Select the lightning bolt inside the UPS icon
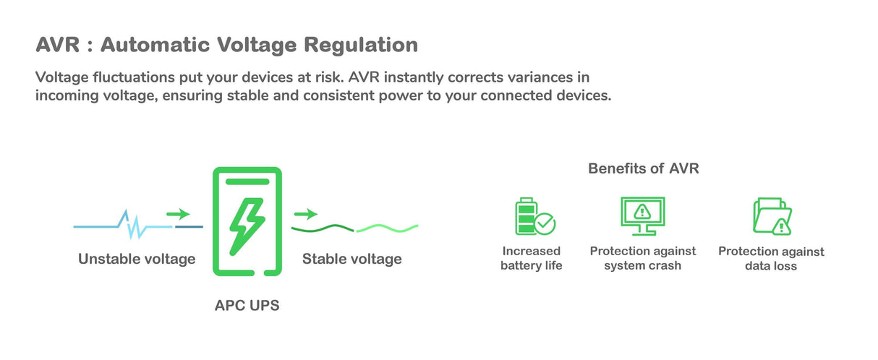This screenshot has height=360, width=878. (x=247, y=223)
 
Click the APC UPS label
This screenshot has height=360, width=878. (x=247, y=306)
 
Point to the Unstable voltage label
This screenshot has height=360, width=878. (x=137, y=259)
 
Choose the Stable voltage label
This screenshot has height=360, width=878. (x=351, y=259)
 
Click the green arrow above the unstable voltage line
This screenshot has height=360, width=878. (x=178, y=214)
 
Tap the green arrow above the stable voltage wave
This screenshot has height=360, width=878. (x=306, y=214)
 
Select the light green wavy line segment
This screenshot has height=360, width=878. (x=387, y=228)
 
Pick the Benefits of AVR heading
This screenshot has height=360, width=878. (x=643, y=169)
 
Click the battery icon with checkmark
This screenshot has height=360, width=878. (x=534, y=216)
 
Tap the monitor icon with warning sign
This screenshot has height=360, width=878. (x=642, y=215)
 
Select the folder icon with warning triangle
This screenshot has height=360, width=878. (x=772, y=216)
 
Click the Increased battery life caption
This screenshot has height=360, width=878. (x=531, y=258)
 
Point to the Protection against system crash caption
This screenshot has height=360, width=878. (x=642, y=258)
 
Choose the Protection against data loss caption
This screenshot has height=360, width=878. (x=771, y=259)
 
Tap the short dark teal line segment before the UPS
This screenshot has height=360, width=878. (x=189, y=227)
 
